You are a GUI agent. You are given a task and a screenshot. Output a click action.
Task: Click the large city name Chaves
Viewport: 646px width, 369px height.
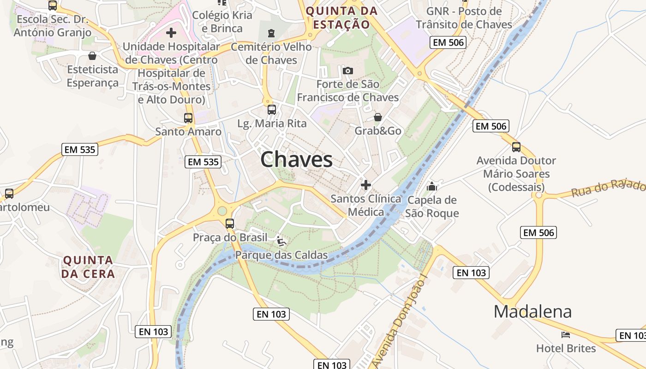point(296,160)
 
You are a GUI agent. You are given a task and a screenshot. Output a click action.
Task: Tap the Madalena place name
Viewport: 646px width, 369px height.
point(532,312)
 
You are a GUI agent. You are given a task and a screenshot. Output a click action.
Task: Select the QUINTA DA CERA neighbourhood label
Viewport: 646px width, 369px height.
point(88,267)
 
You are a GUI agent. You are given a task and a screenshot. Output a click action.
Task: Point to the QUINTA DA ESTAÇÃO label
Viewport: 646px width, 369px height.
point(341,18)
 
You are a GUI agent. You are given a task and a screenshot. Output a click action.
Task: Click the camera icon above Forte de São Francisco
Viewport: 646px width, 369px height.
point(348,71)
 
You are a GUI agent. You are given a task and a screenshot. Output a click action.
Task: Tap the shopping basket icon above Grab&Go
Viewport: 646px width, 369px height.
point(378,117)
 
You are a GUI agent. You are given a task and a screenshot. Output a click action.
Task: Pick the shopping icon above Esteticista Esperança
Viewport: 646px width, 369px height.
point(92,56)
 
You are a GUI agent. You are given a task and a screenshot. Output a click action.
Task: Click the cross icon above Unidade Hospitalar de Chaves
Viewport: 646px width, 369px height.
point(171,33)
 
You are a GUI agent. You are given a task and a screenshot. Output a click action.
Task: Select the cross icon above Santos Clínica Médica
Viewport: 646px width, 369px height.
point(366,185)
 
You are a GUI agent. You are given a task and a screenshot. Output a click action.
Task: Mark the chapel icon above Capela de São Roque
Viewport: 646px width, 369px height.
point(432,186)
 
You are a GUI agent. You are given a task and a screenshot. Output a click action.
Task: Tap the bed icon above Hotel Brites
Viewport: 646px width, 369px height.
point(566,334)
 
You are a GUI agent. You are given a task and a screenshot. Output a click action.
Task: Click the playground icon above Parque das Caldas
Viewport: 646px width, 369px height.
point(281,241)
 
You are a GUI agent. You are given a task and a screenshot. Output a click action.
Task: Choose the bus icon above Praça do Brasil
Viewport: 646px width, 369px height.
point(230,224)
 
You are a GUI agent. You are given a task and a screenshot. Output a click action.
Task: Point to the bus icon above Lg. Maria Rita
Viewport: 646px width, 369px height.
point(272,110)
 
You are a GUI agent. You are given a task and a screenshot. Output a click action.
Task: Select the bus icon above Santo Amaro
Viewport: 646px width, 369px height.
point(188,118)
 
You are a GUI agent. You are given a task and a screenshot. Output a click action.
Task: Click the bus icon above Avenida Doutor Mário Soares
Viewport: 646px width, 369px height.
point(516,147)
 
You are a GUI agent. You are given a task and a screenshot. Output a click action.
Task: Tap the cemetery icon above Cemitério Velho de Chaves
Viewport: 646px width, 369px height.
point(271,33)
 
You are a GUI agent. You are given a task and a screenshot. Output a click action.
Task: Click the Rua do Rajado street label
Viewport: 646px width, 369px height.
point(608,188)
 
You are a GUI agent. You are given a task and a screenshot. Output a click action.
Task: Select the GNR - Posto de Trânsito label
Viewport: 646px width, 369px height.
point(464,18)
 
